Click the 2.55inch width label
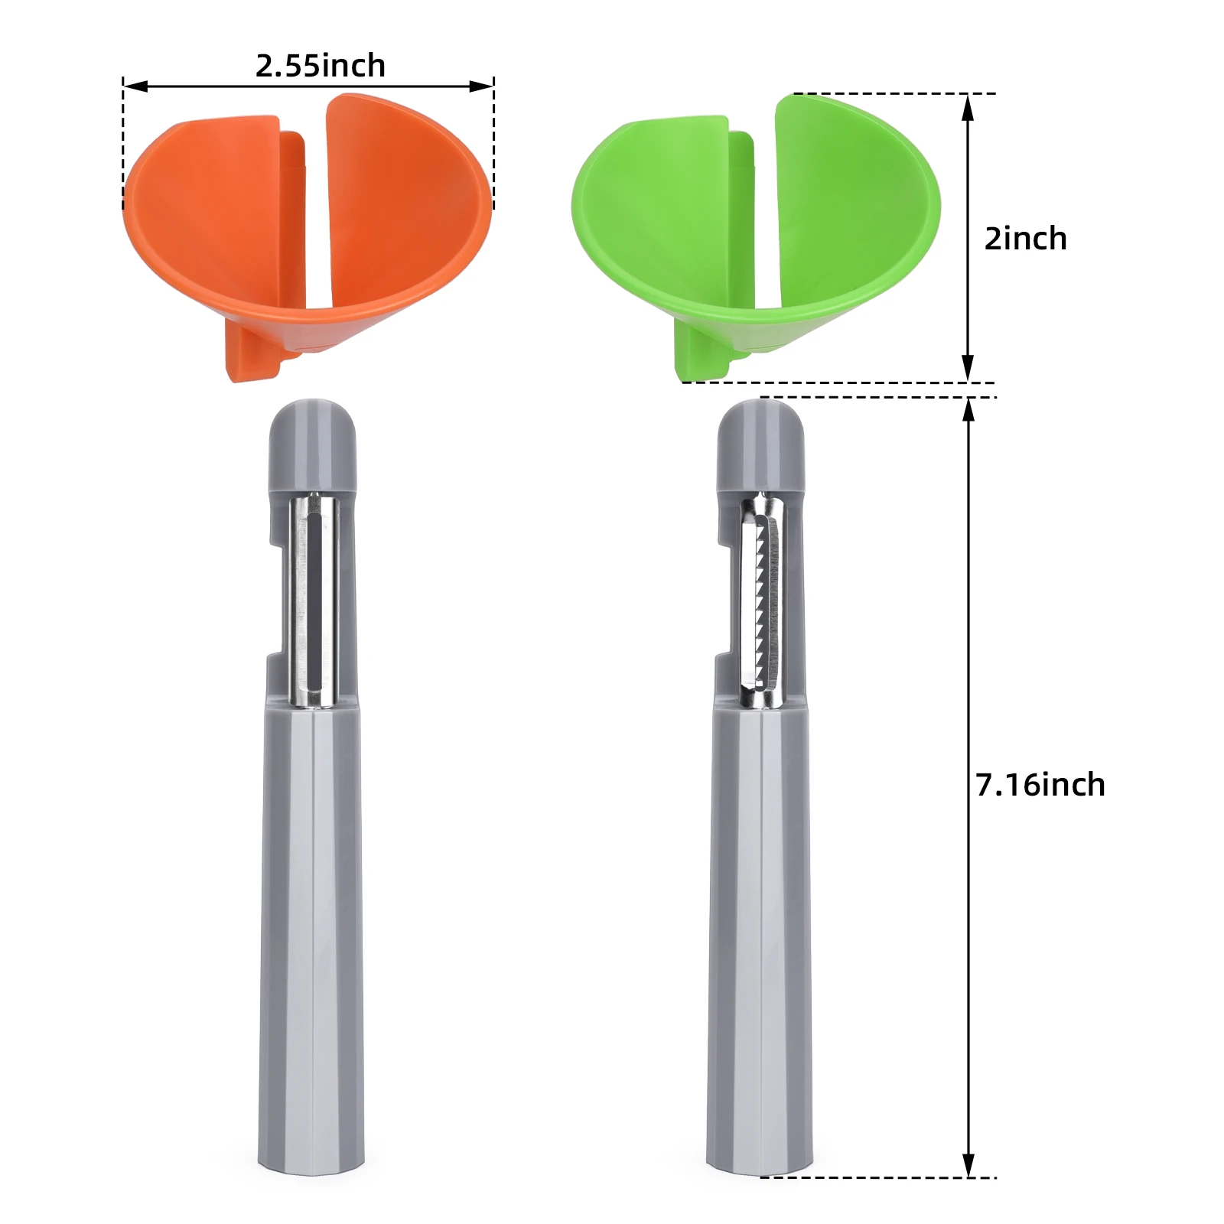point(320,66)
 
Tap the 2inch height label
point(1025,239)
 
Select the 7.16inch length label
point(1040,785)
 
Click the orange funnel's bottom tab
point(252,356)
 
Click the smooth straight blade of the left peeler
point(314,601)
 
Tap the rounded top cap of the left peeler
point(312,444)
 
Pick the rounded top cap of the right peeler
point(760,444)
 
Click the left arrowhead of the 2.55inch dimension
point(134,86)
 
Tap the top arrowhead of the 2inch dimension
point(968,107)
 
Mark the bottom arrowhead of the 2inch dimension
point(968,369)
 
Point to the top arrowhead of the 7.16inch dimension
point(968,410)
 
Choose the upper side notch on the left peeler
point(275,528)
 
